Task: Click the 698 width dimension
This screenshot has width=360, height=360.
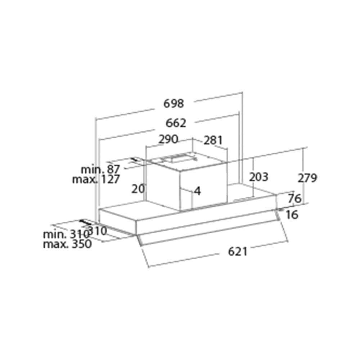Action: [x=174, y=104]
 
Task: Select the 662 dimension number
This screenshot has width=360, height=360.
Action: [x=176, y=123]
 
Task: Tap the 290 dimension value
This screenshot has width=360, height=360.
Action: [x=168, y=139]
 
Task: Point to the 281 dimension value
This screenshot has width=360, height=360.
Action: [x=213, y=140]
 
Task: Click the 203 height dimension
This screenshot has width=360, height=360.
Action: [x=259, y=177]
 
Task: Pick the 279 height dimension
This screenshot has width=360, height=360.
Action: [x=307, y=178]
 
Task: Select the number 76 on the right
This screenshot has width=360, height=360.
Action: [x=295, y=198]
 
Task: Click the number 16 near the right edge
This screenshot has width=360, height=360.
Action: [x=292, y=215]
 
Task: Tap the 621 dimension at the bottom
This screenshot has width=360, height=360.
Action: [x=238, y=252]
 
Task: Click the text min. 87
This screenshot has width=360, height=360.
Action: [x=100, y=170]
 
